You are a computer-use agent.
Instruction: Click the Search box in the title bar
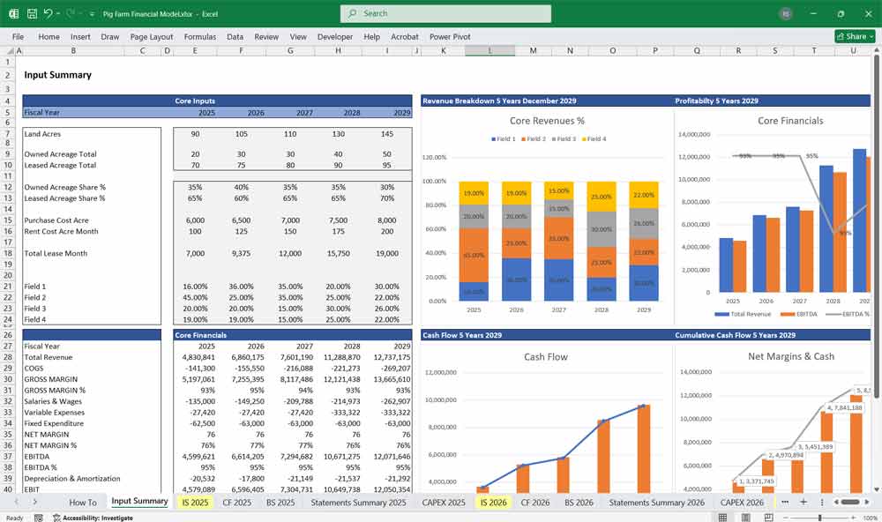pyautogui.click(x=445, y=13)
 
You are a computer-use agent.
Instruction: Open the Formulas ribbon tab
pyautogui.click(x=199, y=37)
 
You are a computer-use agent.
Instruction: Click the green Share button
pyautogui.click(x=856, y=37)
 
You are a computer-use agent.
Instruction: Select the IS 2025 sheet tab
pyautogui.click(x=195, y=502)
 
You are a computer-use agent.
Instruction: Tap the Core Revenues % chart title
pyautogui.click(x=547, y=121)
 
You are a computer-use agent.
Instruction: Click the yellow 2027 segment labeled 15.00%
pyautogui.click(x=557, y=191)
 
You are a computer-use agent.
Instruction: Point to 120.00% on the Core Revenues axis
pyautogui.click(x=434, y=157)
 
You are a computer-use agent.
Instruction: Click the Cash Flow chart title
pyautogui.click(x=546, y=357)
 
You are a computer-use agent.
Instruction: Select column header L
pyautogui.click(x=490, y=50)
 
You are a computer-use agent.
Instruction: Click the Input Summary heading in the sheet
pyautogui.click(x=57, y=75)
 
